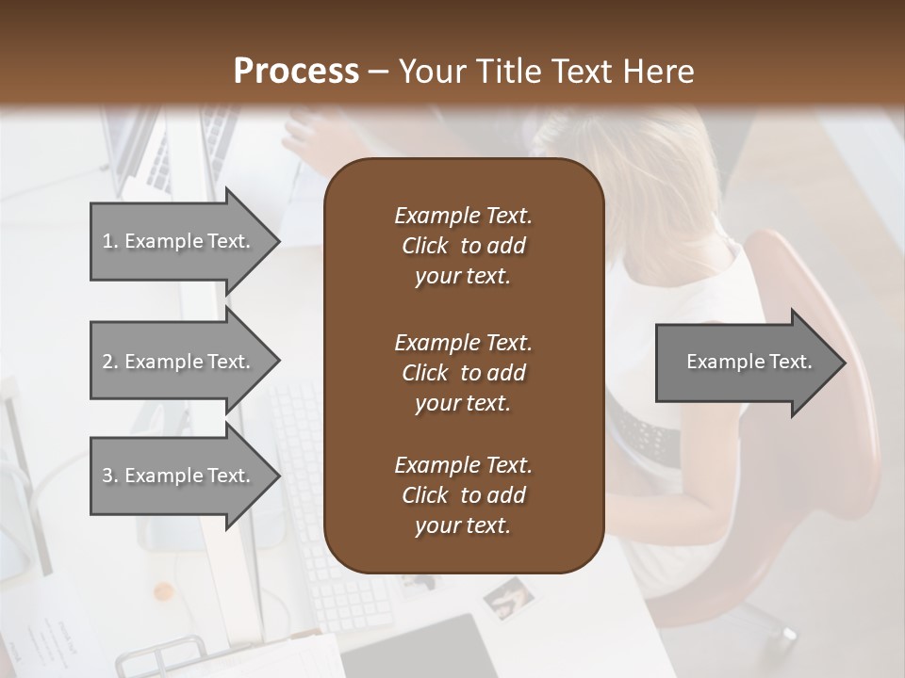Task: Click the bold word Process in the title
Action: click(x=296, y=72)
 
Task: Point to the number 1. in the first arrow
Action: click(x=109, y=241)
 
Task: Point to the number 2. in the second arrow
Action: click(x=109, y=362)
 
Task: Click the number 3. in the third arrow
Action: click(x=109, y=476)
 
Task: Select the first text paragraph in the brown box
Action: click(x=463, y=246)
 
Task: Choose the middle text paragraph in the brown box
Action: click(x=463, y=372)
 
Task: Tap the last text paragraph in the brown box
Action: click(x=463, y=495)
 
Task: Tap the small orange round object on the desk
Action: click(x=164, y=591)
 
